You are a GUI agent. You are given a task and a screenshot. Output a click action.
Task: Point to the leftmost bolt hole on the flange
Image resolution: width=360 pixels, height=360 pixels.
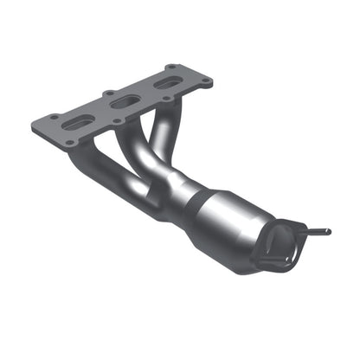pos(54,117)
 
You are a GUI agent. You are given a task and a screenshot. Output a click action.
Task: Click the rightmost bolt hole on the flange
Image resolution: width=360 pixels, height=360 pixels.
pos(209,83)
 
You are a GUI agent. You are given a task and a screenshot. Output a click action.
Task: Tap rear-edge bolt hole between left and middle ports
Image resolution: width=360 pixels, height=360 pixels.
pos(110,93)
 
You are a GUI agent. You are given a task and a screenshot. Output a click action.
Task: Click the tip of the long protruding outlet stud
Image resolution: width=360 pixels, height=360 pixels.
pos(327,232)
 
